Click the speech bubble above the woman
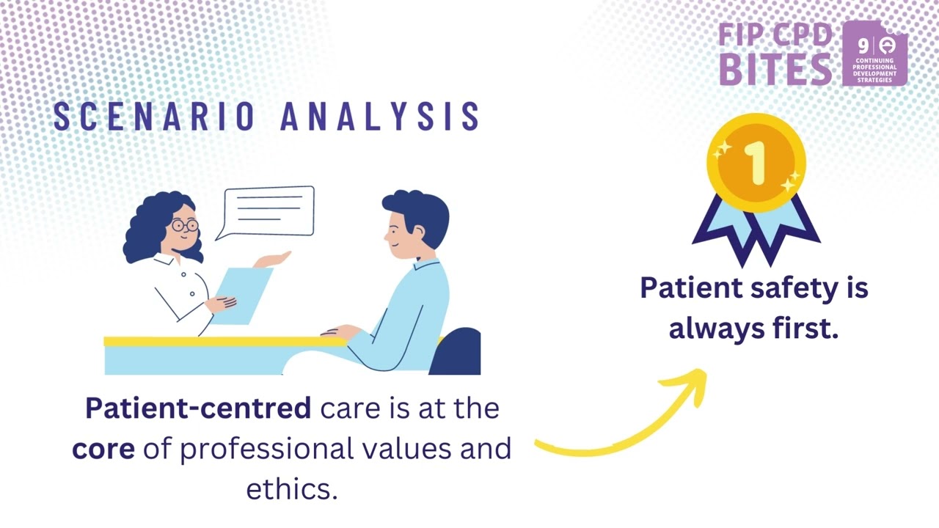tap(269, 210)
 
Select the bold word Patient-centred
tap(198, 408)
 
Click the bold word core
tap(103, 448)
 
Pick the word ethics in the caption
tap(291, 489)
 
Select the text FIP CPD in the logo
tap(775, 34)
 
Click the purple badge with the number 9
tap(874, 53)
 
